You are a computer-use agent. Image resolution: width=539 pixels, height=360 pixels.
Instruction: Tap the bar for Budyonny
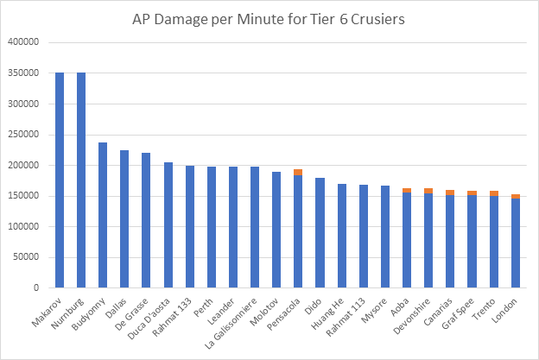(x=103, y=215)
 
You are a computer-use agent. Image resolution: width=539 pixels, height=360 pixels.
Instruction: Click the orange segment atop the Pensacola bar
(x=298, y=173)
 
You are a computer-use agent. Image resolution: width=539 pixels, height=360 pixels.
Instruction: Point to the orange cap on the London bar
(x=515, y=197)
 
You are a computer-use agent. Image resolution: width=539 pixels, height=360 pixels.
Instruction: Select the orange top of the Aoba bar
(x=406, y=191)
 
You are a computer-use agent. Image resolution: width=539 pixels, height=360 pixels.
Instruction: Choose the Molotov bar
(x=276, y=230)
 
